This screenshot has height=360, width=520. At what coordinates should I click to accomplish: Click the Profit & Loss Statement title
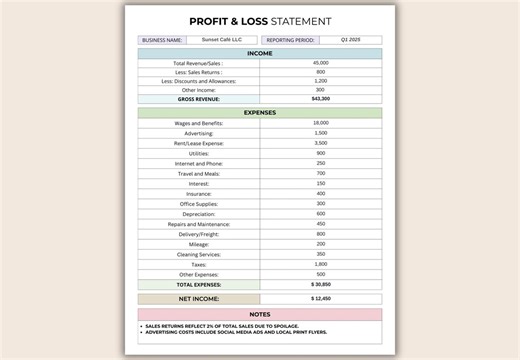tap(260, 20)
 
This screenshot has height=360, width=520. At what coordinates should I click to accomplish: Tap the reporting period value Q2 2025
tap(350, 40)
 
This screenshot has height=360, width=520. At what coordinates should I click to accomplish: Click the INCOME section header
tap(260, 54)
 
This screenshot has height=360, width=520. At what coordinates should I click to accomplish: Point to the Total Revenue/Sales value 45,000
tap(320, 63)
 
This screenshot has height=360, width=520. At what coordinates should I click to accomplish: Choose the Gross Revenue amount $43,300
tap(320, 99)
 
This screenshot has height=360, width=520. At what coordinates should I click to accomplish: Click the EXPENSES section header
tap(260, 113)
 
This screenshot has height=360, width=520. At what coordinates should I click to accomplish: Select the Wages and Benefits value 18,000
tap(320, 123)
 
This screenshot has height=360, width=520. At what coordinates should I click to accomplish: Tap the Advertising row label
tap(199, 133)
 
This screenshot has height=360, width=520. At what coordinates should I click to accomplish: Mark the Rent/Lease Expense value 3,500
tap(320, 143)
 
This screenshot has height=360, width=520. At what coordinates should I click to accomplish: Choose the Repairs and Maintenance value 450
tap(320, 224)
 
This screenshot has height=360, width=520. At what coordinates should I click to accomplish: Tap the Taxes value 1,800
tap(320, 264)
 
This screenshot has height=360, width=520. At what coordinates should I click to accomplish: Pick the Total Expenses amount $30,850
tap(320, 284)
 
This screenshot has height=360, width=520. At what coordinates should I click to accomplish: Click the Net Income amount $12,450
tap(320, 298)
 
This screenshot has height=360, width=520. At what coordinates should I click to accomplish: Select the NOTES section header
tap(260, 315)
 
